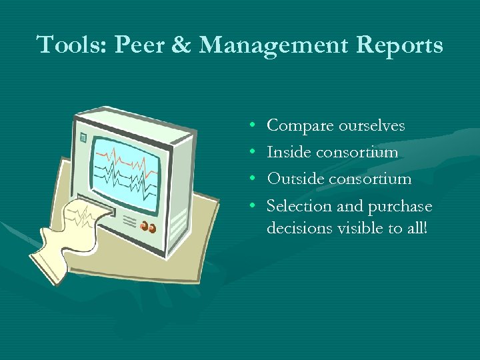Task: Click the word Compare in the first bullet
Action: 299,126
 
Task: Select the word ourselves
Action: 371,125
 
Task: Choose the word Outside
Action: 294,179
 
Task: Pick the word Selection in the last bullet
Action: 299,206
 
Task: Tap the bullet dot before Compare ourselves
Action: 257,126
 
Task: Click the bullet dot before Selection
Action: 257,206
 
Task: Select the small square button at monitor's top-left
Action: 83,139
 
